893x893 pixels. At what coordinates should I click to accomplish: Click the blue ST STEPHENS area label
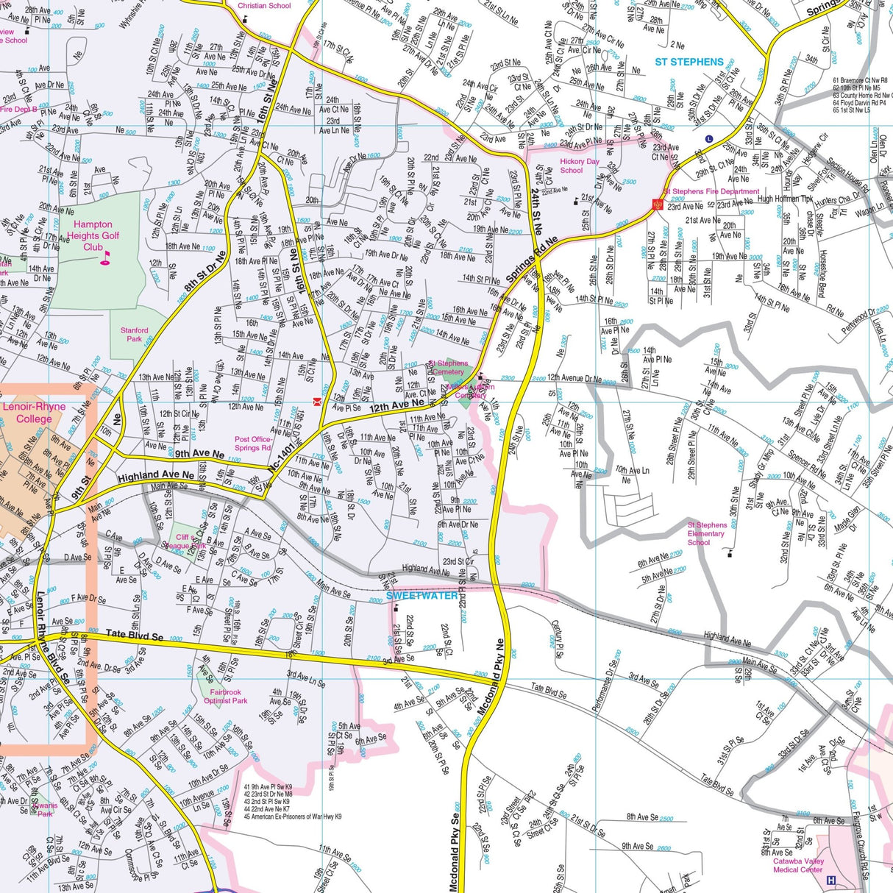689,62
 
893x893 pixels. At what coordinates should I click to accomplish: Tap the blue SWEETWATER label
422,595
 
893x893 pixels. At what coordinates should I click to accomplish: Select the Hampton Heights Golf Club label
93,235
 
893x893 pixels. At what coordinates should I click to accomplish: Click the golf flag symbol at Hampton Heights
104,257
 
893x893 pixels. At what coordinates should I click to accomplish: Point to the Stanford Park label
134,335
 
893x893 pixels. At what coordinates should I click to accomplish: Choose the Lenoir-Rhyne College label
35,413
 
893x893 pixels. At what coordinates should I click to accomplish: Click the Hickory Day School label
580,166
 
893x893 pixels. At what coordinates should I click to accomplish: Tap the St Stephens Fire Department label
711,191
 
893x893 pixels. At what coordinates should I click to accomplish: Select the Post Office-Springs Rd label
252,444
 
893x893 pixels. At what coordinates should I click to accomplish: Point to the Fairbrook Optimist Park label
225,697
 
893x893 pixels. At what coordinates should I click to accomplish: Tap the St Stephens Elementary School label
707,533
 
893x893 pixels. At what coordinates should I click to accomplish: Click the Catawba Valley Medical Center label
798,865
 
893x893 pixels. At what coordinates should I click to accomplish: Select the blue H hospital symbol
831,880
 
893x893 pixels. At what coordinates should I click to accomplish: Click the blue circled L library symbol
709,138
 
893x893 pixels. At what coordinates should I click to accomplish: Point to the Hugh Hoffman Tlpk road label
785,199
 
